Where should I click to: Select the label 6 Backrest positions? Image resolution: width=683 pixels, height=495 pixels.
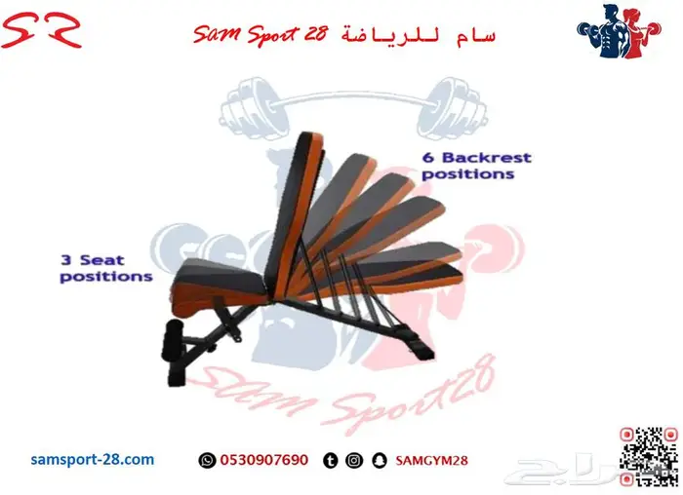pos(475,165)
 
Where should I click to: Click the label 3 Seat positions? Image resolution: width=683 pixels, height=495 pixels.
pos(106,268)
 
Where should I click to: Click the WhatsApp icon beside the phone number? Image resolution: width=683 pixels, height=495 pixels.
pos(206,460)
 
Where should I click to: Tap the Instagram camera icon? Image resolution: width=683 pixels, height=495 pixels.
pos(354,460)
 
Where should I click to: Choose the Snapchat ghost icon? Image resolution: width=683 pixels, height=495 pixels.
pos(379,460)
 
